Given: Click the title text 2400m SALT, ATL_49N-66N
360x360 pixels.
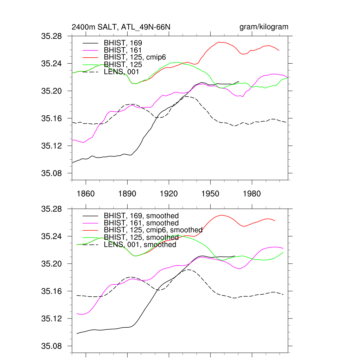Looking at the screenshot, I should [x=121, y=27].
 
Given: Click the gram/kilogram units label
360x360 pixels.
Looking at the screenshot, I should [x=264, y=27].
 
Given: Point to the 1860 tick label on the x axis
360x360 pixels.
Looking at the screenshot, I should [x=86, y=194].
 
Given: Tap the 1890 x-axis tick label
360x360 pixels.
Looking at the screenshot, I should [x=127, y=194].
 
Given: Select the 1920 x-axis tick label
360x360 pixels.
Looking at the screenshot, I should [x=169, y=194].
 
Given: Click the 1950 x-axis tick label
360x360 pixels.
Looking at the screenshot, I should [x=210, y=194].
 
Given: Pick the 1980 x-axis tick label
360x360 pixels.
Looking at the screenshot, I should [x=252, y=194].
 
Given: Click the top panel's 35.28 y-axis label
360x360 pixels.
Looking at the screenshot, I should [x=52, y=36].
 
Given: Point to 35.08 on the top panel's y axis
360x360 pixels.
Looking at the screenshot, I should [x=52, y=173].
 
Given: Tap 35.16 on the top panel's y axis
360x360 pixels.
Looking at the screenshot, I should [x=52, y=118].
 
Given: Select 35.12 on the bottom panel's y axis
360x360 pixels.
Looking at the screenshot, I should [x=52, y=319].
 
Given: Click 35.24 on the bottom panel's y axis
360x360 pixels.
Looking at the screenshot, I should [x=52, y=237].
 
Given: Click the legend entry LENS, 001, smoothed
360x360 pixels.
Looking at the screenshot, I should [x=140, y=245].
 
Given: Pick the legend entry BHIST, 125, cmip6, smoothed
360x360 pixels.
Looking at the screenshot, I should [x=153, y=230].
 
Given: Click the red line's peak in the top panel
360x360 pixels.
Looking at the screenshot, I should [x=219, y=42].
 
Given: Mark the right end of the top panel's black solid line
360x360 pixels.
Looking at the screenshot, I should [x=239, y=82].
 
